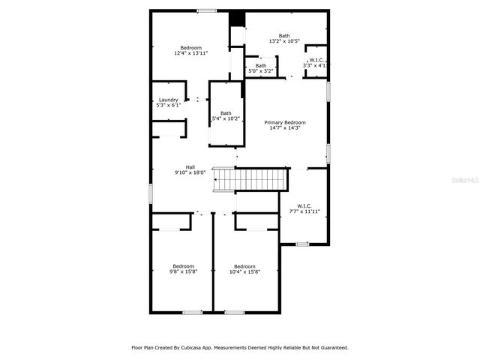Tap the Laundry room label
[168, 100]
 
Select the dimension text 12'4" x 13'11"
[190, 53]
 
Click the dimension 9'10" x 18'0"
[190, 172]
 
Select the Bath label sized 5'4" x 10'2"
[226, 113]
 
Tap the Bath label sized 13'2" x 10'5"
[284, 35]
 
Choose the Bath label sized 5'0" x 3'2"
[260, 65]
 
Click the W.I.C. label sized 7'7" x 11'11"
[304, 205]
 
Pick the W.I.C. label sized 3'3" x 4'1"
[316, 60]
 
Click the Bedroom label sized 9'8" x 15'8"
[184, 266]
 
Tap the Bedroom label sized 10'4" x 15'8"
[244, 266]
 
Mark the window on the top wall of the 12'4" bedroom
[207, 10]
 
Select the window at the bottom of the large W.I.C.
[301, 244]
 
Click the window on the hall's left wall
[151, 193]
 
